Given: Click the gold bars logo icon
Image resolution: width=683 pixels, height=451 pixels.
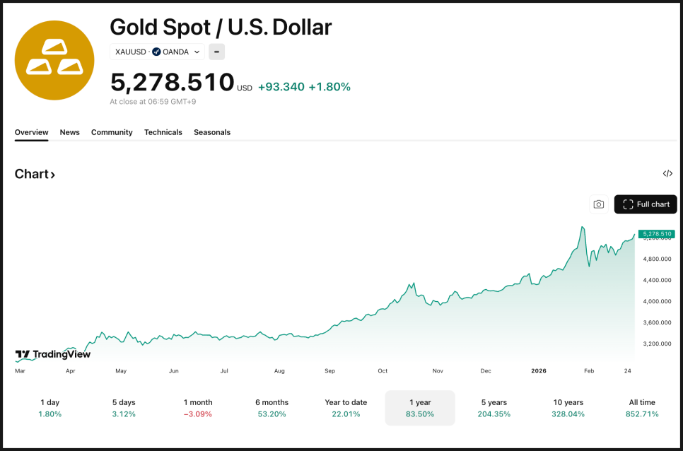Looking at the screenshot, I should pyautogui.click(x=54, y=60).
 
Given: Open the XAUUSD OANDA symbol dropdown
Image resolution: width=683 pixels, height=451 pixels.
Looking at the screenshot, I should pyautogui.click(x=158, y=52).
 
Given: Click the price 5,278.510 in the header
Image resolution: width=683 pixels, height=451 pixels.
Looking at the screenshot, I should pyautogui.click(x=172, y=83).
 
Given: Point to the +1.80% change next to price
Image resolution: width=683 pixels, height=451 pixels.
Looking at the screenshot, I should pyautogui.click(x=329, y=87).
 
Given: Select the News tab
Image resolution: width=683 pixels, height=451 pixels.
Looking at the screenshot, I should pyautogui.click(x=69, y=132).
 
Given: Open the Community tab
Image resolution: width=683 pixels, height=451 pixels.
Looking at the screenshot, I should pyautogui.click(x=112, y=132).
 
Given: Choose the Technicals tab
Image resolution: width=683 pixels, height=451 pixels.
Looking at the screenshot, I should pyautogui.click(x=163, y=132).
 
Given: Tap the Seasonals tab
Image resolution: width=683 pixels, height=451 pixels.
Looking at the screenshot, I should pyautogui.click(x=212, y=132).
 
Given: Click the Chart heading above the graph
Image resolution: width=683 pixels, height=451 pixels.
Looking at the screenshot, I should pyautogui.click(x=35, y=174).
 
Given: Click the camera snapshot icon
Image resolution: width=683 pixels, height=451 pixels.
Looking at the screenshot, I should pyautogui.click(x=599, y=204).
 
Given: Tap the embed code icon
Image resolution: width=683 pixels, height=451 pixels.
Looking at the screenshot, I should pyautogui.click(x=667, y=174).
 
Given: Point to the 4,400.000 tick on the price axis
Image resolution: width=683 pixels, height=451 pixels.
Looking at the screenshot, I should pyautogui.click(x=658, y=280).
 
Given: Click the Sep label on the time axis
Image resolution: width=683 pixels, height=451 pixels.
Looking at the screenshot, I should pyautogui.click(x=330, y=370).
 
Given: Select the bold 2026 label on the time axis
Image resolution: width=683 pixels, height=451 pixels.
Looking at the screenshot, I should pyautogui.click(x=539, y=370).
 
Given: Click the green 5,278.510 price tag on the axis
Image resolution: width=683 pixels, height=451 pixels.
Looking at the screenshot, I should pyautogui.click(x=656, y=233).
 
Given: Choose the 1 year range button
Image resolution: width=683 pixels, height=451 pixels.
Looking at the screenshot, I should pyautogui.click(x=420, y=408).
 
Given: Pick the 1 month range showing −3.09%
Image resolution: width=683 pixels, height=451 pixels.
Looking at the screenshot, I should pyautogui.click(x=198, y=408).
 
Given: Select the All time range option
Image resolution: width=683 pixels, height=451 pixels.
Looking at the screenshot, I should pyautogui.click(x=642, y=408).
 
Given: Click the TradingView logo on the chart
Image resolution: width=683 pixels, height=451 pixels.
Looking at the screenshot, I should pyautogui.click(x=53, y=354).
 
